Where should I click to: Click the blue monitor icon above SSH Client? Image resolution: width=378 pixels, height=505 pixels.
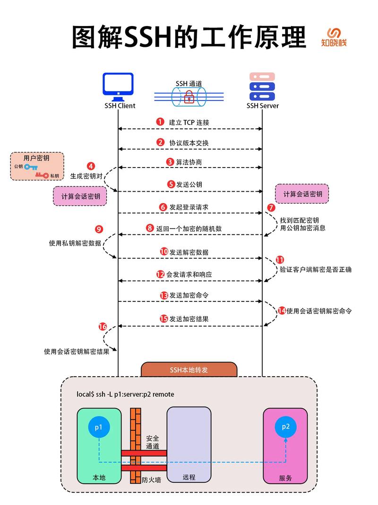(x=119, y=86)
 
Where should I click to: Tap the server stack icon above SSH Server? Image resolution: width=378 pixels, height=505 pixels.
(x=262, y=86)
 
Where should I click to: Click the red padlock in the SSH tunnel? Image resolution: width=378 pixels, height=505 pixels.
(x=189, y=97)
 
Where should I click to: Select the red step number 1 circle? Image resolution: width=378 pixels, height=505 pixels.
(x=160, y=122)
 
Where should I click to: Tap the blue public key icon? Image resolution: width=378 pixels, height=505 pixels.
(x=31, y=167)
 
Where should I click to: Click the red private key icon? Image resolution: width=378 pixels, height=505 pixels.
(x=42, y=176)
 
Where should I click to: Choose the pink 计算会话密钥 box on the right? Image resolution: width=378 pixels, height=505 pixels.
(x=302, y=195)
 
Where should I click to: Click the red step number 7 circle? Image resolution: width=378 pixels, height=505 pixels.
(x=271, y=207)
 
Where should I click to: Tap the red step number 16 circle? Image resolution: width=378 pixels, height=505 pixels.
(x=103, y=327)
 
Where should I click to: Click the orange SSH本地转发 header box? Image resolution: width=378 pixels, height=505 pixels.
(x=189, y=370)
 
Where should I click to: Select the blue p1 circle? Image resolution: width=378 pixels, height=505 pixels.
(x=99, y=427)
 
